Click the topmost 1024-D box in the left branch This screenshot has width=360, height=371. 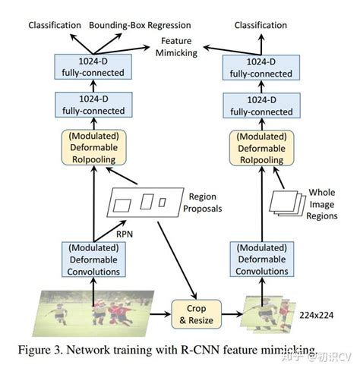point(93,66)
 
